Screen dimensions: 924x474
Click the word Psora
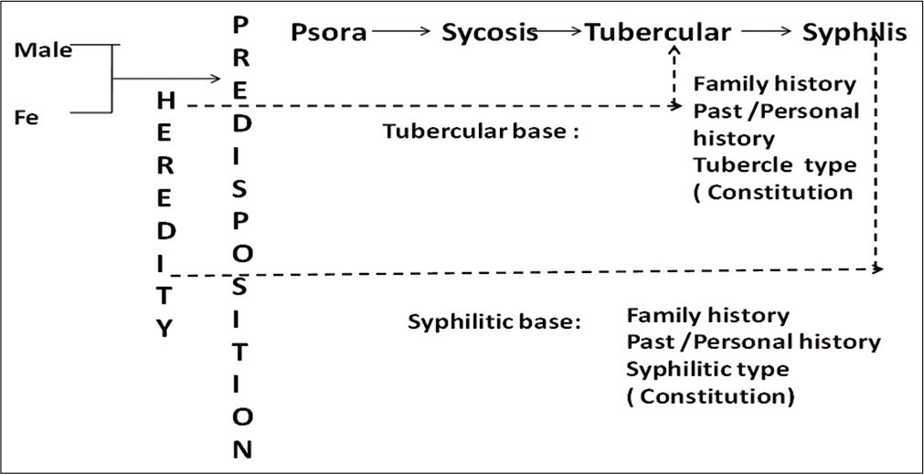(328, 33)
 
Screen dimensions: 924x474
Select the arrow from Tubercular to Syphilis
(766, 31)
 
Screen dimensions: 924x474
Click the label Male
(43, 50)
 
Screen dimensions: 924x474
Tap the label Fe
(27, 119)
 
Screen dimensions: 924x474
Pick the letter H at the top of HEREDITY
(166, 100)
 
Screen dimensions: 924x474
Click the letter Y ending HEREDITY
(165, 329)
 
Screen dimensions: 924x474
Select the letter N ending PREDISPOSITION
(242, 449)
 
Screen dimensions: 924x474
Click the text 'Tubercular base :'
(481, 131)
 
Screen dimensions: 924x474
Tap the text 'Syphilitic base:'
(494, 322)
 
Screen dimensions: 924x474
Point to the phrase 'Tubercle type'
(774, 165)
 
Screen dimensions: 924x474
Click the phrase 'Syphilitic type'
(707, 370)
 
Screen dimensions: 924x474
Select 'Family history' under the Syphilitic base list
(707, 316)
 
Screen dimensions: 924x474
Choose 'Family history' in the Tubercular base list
(774, 84)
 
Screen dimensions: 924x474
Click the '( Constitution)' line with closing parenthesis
(710, 396)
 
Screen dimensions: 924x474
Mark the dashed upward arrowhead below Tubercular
(674, 52)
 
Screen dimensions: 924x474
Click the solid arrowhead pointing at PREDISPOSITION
(216, 79)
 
